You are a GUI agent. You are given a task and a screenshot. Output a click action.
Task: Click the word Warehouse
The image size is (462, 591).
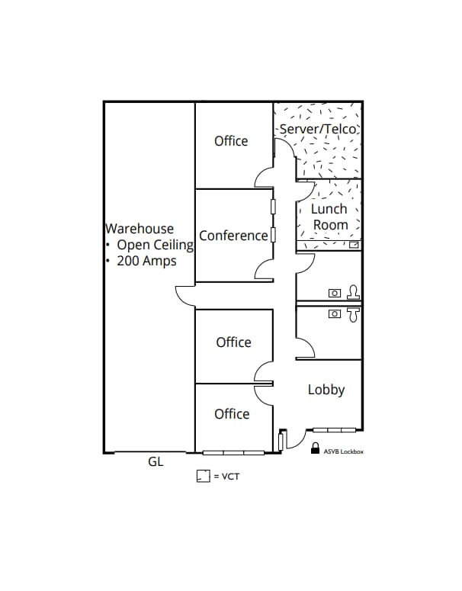(x=140, y=228)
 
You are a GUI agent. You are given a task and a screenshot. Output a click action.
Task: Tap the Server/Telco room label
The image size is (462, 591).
(x=319, y=129)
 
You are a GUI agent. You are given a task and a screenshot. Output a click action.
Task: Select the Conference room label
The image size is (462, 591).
(x=233, y=236)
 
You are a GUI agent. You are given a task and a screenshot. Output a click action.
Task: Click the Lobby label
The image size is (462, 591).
(x=326, y=390)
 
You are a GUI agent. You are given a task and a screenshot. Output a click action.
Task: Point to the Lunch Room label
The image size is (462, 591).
(x=329, y=217)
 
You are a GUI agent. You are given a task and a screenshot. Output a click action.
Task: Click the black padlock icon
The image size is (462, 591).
(x=314, y=450)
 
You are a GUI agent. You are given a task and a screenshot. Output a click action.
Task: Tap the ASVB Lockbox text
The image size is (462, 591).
(x=344, y=451)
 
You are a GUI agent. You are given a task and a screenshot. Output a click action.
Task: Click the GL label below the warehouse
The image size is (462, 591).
(x=156, y=462)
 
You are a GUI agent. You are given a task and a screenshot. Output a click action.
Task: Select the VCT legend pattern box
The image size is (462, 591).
(x=203, y=476)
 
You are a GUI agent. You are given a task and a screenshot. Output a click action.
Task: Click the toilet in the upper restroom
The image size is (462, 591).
(x=353, y=291)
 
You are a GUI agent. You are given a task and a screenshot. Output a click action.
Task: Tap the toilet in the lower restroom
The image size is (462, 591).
(x=352, y=313)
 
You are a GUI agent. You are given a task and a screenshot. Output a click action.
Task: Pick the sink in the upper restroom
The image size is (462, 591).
(x=335, y=293)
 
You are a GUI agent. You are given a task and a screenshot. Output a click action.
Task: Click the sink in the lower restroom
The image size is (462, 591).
(x=335, y=313)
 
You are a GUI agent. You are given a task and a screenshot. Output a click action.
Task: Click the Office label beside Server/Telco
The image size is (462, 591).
(x=231, y=141)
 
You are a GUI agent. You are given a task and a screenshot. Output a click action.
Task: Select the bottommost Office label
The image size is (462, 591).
(x=232, y=414)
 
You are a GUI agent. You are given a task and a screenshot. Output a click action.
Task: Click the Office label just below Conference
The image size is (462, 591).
(x=233, y=342)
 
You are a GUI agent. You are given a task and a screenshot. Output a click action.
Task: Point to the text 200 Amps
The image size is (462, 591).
(x=146, y=261)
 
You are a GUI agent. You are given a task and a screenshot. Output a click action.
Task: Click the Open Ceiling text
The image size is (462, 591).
(x=152, y=245)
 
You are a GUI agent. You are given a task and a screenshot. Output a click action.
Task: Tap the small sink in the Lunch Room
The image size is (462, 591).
(x=354, y=246)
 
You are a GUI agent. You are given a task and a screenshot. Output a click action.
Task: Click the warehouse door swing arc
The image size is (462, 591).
(x=184, y=294)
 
